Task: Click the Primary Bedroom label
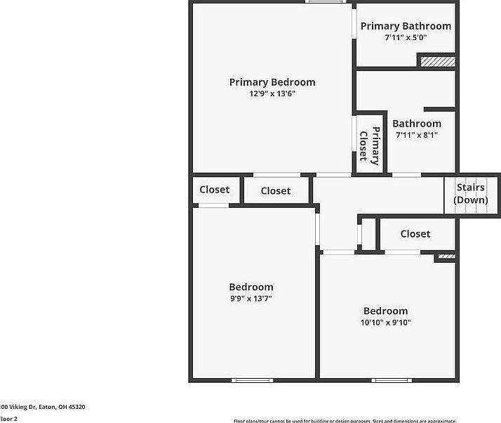(x=272, y=82)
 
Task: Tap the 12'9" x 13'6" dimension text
(x=272, y=93)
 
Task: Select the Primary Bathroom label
(x=406, y=26)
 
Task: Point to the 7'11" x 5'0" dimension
(x=406, y=37)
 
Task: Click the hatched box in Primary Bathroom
(x=437, y=62)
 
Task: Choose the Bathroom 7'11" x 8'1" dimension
(x=417, y=135)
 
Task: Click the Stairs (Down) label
(x=471, y=194)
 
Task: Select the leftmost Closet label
(x=215, y=190)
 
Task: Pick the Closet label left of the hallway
(x=276, y=191)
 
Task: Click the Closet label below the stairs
(x=415, y=234)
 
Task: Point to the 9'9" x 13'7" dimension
(x=251, y=299)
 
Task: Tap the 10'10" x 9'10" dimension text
(x=385, y=323)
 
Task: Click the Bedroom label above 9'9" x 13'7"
(x=251, y=287)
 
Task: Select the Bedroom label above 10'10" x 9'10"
(x=385, y=311)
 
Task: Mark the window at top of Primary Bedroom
(x=324, y=2)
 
